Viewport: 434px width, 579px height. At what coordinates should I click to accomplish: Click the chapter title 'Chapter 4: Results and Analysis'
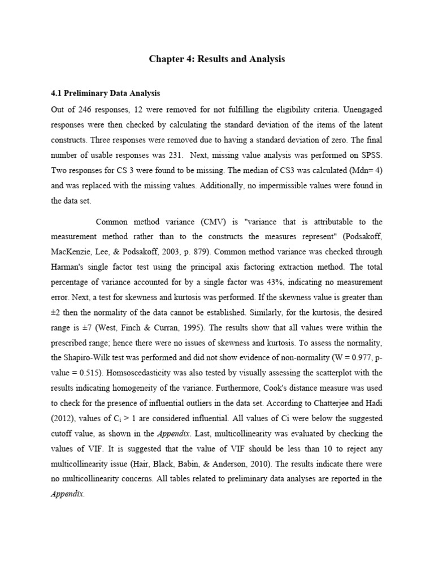[x=217, y=59]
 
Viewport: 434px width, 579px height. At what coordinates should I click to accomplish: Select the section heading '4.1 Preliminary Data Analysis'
[x=105, y=93]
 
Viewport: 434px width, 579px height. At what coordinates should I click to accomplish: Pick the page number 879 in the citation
[x=246, y=252]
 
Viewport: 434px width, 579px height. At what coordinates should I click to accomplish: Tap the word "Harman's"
[x=68, y=267]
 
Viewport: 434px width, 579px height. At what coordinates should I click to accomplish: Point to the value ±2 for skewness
[x=56, y=312]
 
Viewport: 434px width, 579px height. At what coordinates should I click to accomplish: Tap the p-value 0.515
[x=86, y=373]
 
